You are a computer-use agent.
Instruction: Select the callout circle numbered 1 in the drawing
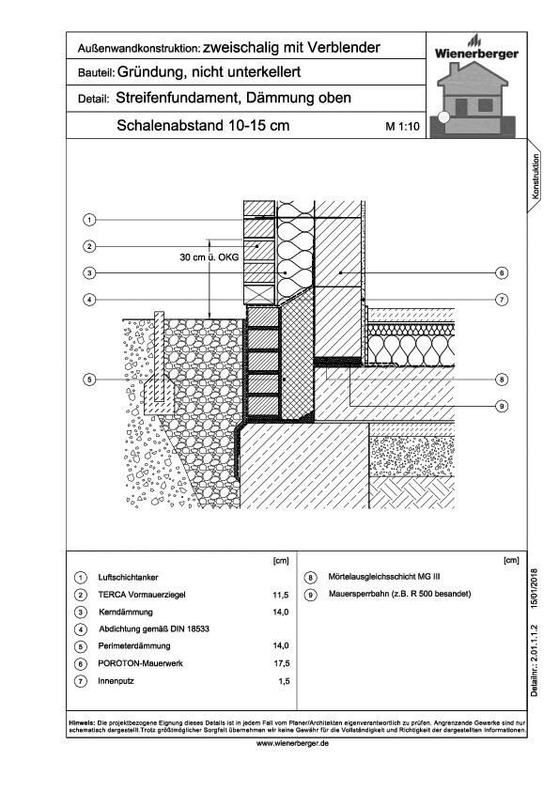point(87,220)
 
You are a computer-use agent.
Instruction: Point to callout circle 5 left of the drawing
point(87,380)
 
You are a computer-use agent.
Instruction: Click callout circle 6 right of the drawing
point(502,273)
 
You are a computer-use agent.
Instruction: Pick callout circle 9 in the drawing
point(502,405)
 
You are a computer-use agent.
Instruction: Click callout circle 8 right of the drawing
point(502,380)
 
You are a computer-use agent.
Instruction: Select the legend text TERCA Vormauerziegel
point(143,596)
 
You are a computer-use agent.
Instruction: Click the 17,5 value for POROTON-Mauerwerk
point(279,662)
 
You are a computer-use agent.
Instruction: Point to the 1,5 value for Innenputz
point(281,679)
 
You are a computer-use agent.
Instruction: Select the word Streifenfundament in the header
point(168,98)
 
